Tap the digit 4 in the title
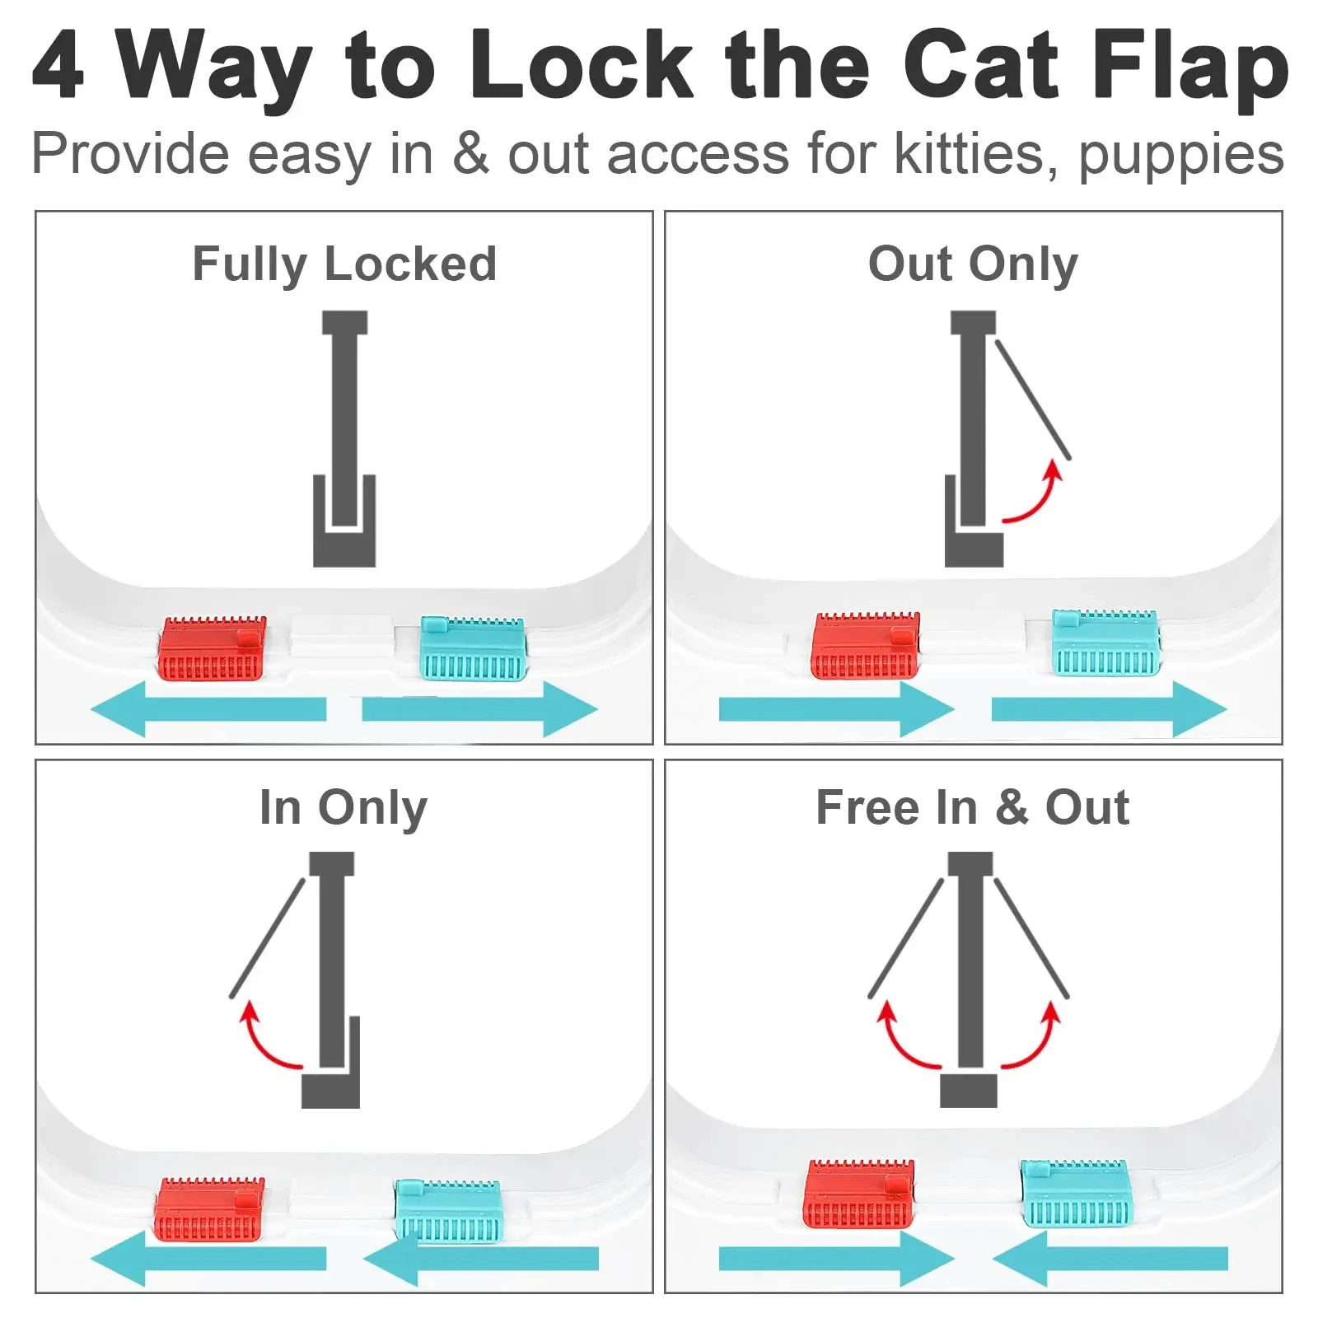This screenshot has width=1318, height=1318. click(x=58, y=66)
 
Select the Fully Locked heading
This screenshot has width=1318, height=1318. click(x=344, y=264)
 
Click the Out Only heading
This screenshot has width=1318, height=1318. click(x=973, y=264)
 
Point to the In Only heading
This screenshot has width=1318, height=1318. click(x=344, y=807)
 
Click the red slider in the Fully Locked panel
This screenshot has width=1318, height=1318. click(x=212, y=648)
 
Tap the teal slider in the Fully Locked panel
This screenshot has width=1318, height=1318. click(x=473, y=648)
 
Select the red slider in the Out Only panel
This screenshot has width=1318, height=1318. click(x=865, y=646)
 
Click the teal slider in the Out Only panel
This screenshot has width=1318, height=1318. click(x=1105, y=643)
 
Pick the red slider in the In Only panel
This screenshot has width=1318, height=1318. click(x=209, y=1208)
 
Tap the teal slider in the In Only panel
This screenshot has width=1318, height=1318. click(x=447, y=1210)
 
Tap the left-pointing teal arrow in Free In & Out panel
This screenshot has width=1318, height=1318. click(x=1110, y=1258)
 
